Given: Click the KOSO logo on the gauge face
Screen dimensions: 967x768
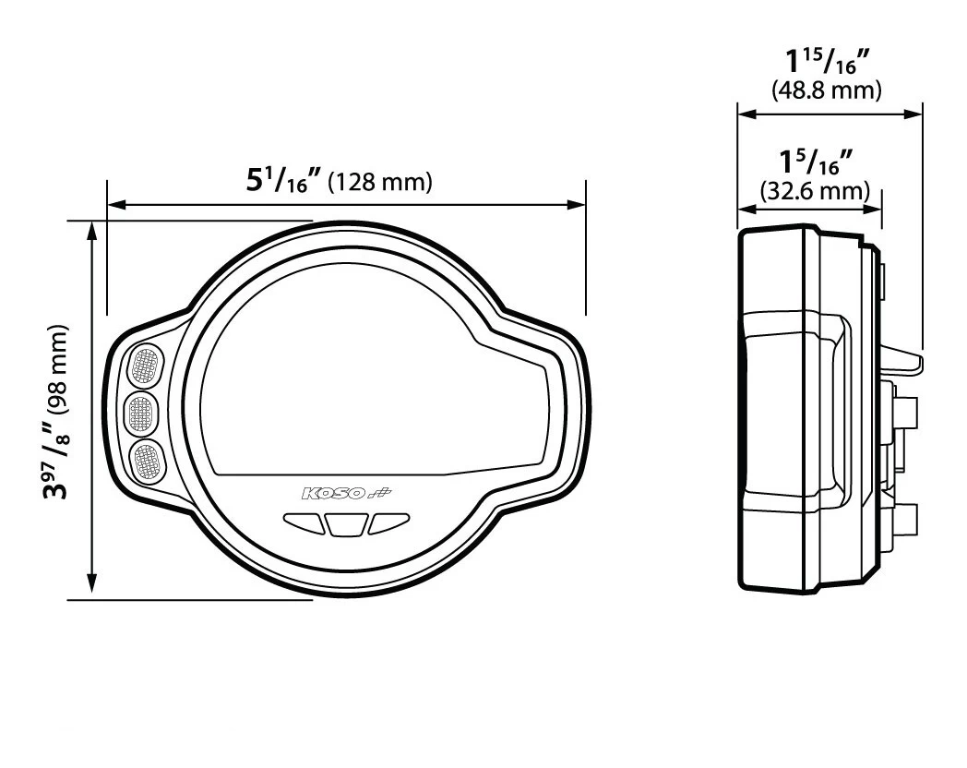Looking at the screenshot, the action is click(x=347, y=493).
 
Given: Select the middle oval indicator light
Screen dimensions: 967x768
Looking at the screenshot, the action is click(x=141, y=411).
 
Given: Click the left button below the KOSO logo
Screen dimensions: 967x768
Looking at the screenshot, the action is click(x=304, y=523).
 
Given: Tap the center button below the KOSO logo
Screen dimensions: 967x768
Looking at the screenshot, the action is click(x=346, y=525).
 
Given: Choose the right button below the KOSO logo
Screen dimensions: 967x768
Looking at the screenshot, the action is click(x=389, y=523).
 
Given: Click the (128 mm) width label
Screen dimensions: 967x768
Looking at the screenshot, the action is click(x=380, y=182).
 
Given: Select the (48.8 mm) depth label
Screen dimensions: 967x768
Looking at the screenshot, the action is click(x=827, y=90).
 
